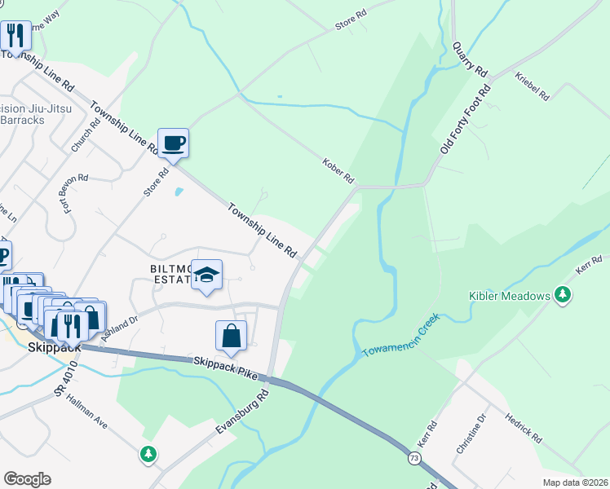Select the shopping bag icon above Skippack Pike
point(232,335)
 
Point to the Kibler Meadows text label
point(510,296)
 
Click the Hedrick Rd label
point(523,425)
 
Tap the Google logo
point(27,479)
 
